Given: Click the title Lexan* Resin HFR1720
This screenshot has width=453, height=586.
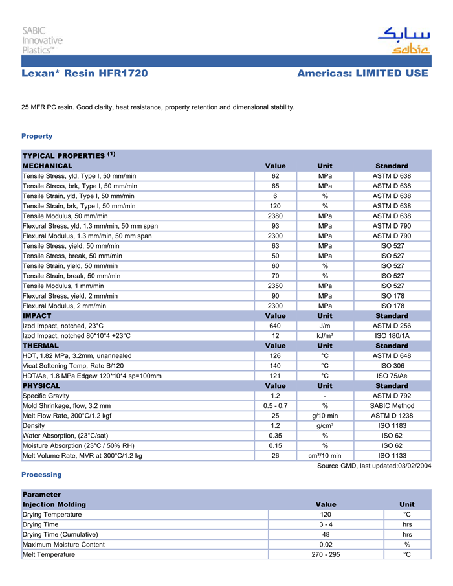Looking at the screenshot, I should pyautogui.click(x=85, y=74).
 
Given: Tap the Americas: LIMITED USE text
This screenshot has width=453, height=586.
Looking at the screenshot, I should pyautogui.click(x=362, y=74).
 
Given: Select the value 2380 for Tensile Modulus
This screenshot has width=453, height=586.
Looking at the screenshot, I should pyautogui.click(x=275, y=216).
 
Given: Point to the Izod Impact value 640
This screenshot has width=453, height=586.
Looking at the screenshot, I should pyautogui.click(x=275, y=326).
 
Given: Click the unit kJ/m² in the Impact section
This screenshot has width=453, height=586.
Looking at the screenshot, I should pyautogui.click(x=325, y=336).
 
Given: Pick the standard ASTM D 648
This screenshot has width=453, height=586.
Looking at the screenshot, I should pyautogui.click(x=392, y=355).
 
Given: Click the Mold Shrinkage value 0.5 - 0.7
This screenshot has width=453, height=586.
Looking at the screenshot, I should pyautogui.click(x=275, y=406).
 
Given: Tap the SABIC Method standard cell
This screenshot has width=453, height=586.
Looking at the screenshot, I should pyautogui.click(x=392, y=406).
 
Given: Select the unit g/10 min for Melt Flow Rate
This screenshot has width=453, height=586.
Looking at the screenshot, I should pyautogui.click(x=325, y=416).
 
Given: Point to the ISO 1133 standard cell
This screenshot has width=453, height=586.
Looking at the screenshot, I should pyautogui.click(x=392, y=456).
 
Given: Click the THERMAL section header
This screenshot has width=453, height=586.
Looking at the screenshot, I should pyautogui.click(x=41, y=346).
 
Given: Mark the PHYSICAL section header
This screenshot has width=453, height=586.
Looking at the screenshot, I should pyautogui.click(x=41, y=386).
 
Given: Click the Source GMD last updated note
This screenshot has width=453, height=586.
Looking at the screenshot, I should pyautogui.click(x=374, y=466).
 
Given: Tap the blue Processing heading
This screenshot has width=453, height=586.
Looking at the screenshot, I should pyautogui.click(x=41, y=475).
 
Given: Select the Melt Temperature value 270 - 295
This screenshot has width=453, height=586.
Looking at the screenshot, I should pyautogui.click(x=326, y=554).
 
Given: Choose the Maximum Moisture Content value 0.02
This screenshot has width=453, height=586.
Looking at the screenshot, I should pyautogui.click(x=326, y=545).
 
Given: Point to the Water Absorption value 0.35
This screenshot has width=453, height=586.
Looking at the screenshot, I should pyautogui.click(x=275, y=436).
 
